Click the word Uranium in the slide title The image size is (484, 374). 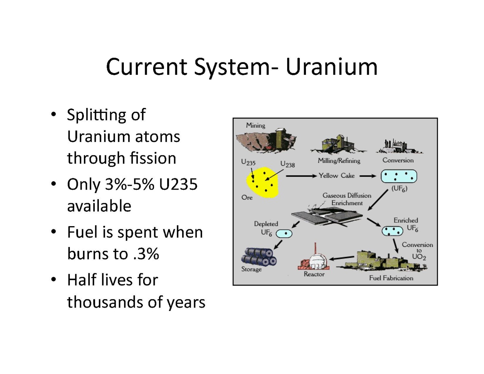tap(332, 67)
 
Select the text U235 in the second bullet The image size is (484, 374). tap(178, 184)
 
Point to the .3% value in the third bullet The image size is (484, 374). tap(146, 253)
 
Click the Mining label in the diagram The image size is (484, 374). tap(255, 125)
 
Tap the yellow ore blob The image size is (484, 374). tap(262, 182)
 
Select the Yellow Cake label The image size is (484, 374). tap(336, 176)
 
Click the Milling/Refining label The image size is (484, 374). tap(339, 160)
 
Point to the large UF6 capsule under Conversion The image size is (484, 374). tap(399, 176)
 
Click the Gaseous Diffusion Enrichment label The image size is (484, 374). tap(347, 199)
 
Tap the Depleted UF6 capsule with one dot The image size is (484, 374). tap(284, 234)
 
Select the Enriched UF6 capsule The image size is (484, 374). tap(392, 231)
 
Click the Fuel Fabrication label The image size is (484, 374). tap(391, 278)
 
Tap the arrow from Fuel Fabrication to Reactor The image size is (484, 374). tap(341, 258)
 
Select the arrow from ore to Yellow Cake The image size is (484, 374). tap(301, 176)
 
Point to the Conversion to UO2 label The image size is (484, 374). tap(417, 251)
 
